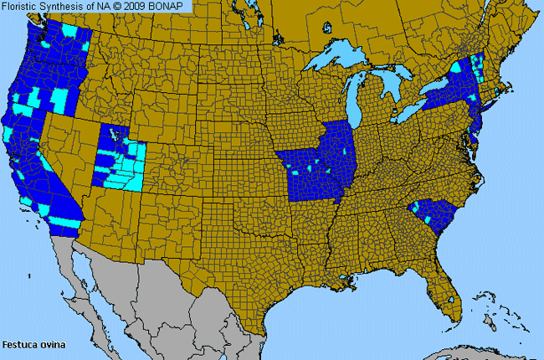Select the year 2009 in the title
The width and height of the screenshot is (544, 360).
point(137,7)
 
